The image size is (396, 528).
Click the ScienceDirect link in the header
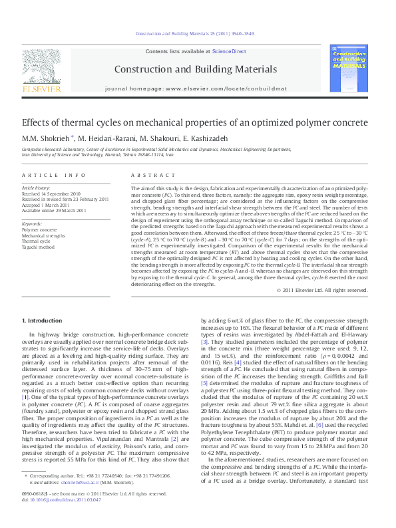[x=229, y=51]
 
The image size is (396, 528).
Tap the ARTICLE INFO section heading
[x=53, y=175]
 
